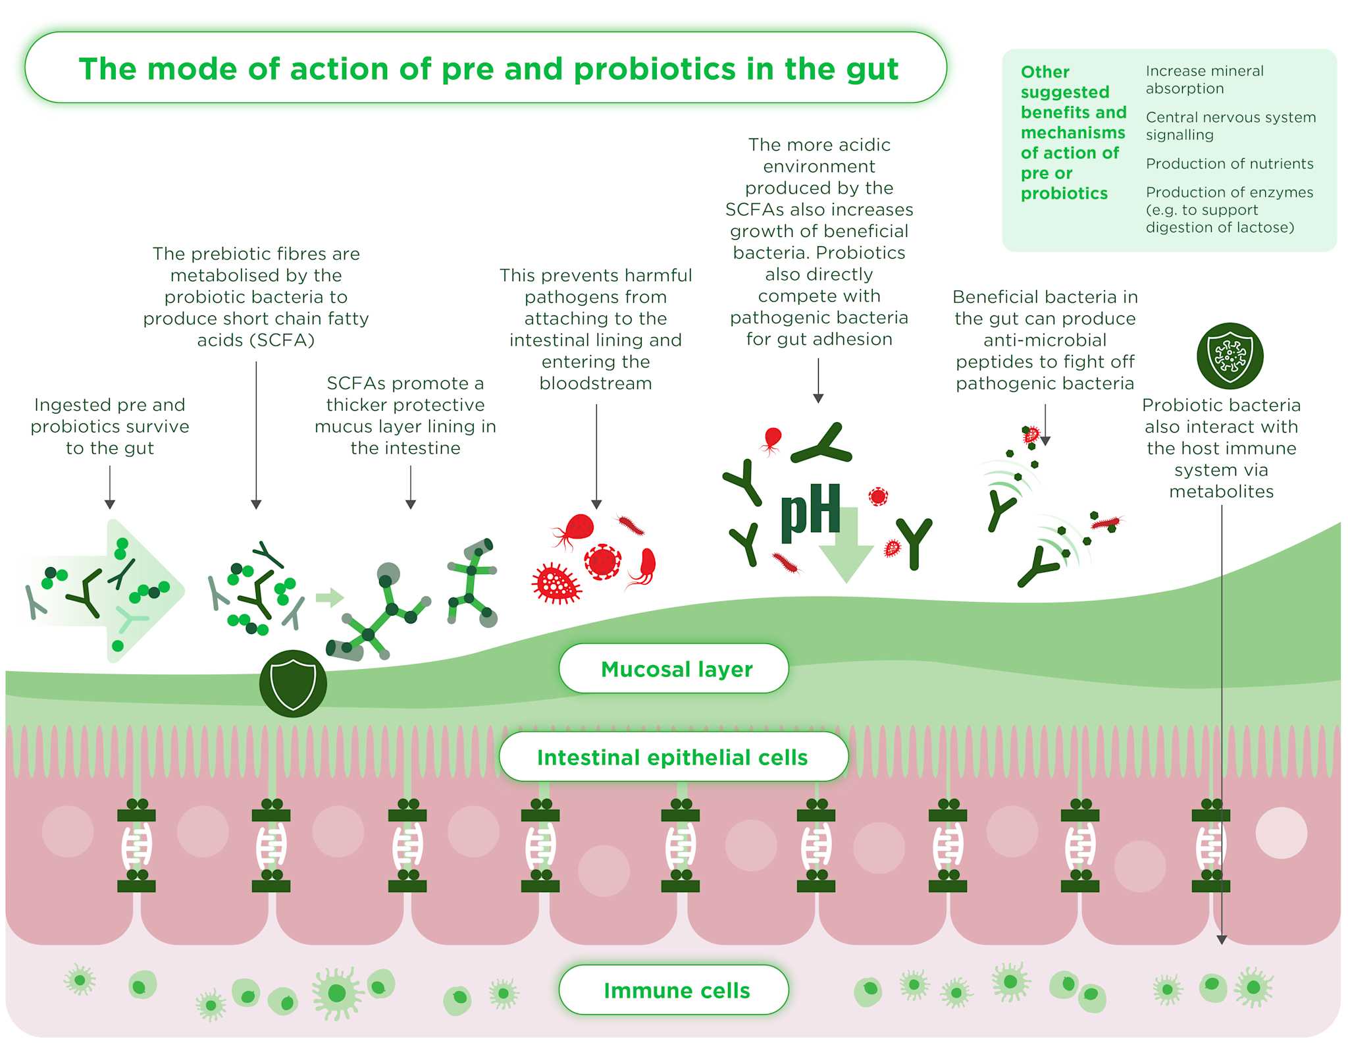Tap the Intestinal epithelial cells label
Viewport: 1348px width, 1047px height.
click(x=673, y=757)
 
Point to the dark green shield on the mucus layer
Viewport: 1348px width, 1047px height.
click(x=293, y=683)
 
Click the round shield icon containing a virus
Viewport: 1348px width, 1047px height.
click(x=1230, y=356)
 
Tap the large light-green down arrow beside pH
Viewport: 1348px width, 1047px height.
click(x=846, y=545)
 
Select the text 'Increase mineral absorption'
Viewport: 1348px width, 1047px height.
click(x=1205, y=80)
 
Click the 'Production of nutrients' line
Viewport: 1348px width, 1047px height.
click(x=1230, y=163)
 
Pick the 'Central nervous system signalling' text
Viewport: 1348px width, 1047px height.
click(x=1231, y=126)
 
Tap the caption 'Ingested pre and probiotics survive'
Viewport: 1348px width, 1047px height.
click(x=110, y=416)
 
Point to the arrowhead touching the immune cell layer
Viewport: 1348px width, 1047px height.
click(x=1222, y=940)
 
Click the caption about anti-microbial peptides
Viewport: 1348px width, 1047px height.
click(x=1045, y=340)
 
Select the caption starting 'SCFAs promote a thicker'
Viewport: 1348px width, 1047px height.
click(x=405, y=416)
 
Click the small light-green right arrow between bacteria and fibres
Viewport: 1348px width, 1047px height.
click(x=330, y=597)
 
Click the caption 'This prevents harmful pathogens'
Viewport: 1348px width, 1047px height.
click(x=596, y=329)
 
